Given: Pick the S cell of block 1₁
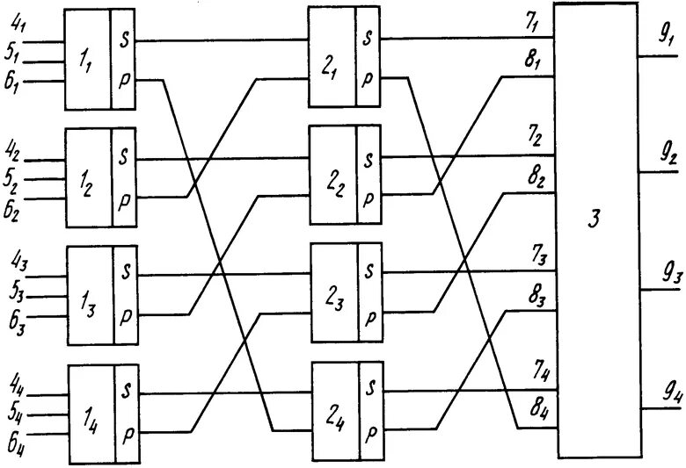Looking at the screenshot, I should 124,40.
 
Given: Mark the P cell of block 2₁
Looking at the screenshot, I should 369,77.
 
